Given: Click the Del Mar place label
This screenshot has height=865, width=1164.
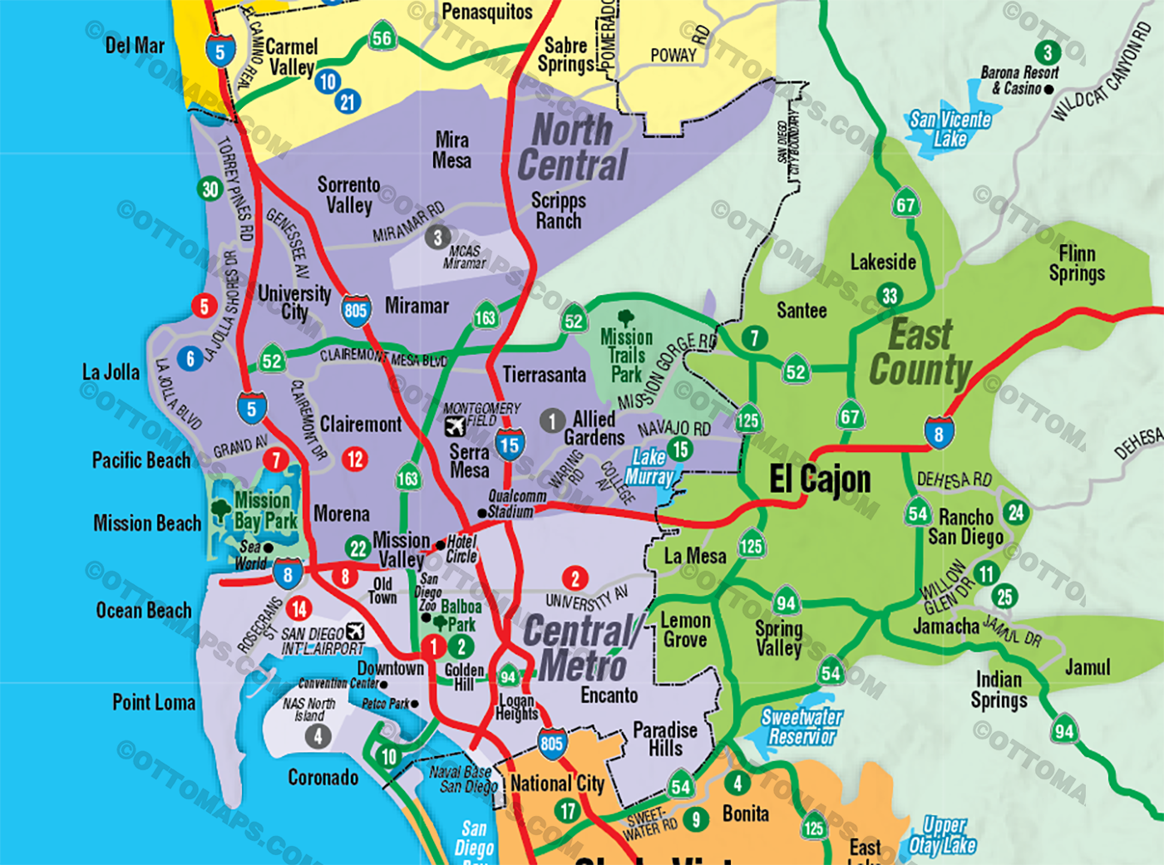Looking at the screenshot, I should [135, 46].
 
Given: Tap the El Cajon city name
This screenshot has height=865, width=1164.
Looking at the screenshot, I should [820, 479].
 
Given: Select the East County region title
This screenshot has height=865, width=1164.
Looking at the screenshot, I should [920, 353].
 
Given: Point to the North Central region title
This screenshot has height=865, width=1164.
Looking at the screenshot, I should [572, 148].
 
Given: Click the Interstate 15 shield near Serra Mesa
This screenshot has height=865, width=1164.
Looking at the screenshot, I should [510, 445].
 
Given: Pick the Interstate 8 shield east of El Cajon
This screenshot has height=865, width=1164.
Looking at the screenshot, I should [939, 432].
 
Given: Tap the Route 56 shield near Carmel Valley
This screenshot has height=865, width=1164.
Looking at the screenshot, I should [382, 37].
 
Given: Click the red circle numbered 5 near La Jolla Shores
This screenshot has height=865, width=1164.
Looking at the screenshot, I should [205, 307].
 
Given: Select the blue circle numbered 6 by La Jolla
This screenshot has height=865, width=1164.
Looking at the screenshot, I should [190, 358].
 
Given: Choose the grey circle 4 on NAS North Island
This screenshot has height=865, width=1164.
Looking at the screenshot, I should [317, 735].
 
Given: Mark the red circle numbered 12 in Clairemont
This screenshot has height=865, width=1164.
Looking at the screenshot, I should [355, 459].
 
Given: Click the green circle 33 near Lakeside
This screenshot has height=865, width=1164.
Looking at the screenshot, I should [890, 295].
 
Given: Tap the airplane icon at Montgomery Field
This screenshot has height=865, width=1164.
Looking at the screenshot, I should [455, 426].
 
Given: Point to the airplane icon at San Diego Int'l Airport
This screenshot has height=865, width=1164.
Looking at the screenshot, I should [355, 632].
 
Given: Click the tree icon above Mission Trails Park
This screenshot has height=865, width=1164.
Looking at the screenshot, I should [626, 317].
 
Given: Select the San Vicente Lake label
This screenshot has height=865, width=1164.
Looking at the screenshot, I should [949, 129].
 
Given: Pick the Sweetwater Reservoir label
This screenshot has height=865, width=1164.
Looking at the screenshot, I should [801, 726].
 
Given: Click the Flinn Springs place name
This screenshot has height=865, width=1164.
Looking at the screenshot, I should [1077, 263].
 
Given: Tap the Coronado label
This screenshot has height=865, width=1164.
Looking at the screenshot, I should [323, 777].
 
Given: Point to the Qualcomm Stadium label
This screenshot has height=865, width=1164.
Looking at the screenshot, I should [515, 504].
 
